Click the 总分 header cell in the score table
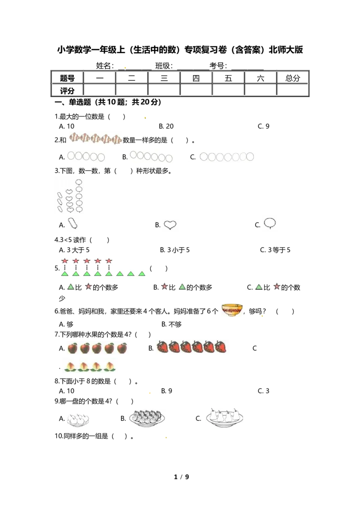292,78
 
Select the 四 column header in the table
196,78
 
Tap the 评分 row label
67,90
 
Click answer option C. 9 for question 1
264,126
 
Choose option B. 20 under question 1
166,126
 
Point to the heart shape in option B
170,225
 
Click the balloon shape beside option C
270,223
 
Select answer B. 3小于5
175,250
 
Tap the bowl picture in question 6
232,310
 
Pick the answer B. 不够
171,324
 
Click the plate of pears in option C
225,417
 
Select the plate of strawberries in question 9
147,418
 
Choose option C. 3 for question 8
264,391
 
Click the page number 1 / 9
181,477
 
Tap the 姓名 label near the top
104,66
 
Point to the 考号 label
218,66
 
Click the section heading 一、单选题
73,102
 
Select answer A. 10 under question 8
67,391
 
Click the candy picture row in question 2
95,138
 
